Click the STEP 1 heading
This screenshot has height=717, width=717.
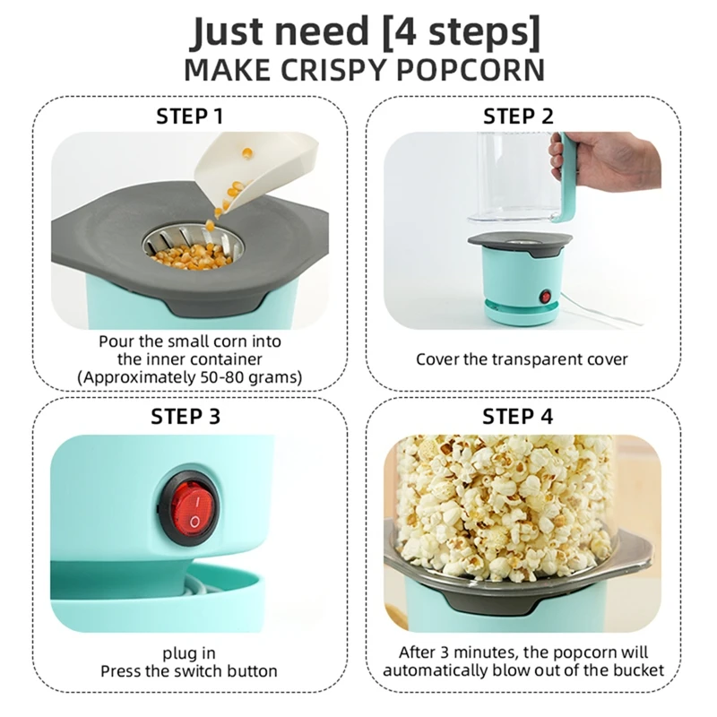click(189, 116)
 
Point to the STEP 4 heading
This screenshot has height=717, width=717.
click(520, 416)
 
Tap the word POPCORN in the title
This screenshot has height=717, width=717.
click(475, 69)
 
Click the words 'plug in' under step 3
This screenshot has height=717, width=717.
click(188, 653)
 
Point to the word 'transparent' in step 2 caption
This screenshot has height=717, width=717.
click(531, 359)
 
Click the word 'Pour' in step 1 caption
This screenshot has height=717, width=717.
click(116, 341)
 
